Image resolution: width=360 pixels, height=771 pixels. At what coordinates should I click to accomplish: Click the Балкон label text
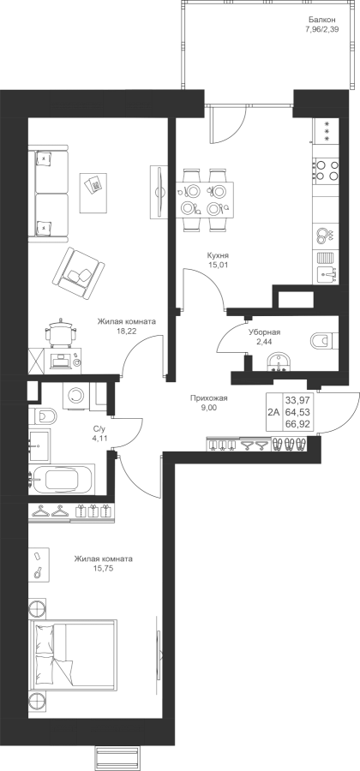tap(322, 21)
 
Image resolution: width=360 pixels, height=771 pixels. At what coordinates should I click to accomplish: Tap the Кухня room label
tap(218, 255)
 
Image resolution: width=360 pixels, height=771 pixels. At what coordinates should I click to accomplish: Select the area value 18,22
tap(126, 332)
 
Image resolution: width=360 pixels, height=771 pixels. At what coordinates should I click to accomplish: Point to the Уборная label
tap(264, 332)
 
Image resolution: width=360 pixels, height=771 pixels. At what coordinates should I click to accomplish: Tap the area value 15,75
tap(103, 569)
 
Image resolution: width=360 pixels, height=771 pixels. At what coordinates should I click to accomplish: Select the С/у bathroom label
tap(99, 428)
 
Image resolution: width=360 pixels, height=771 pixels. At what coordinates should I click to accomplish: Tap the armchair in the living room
tap(79, 274)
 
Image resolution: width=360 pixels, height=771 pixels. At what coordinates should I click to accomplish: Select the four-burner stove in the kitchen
tap(327, 170)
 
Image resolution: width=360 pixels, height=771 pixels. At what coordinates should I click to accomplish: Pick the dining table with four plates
tap(205, 199)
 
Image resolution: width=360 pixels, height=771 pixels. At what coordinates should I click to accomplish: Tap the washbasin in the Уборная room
tap(279, 363)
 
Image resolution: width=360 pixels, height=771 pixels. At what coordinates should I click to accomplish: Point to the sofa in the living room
tap(49, 194)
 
